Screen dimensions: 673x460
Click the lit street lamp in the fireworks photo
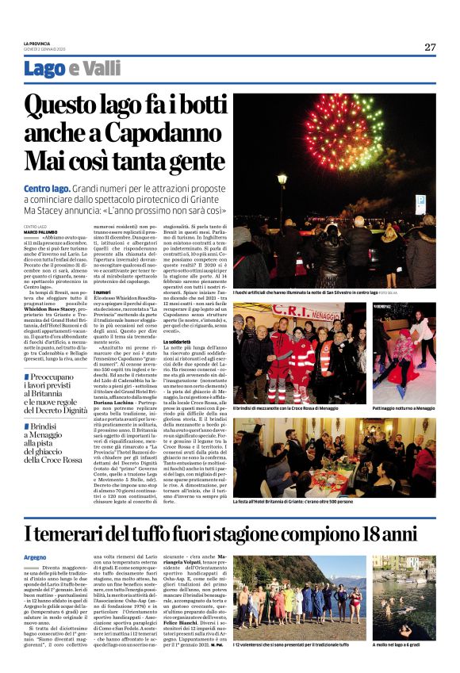pos(282,180)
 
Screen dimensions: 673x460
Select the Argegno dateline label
pos(33,556)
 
